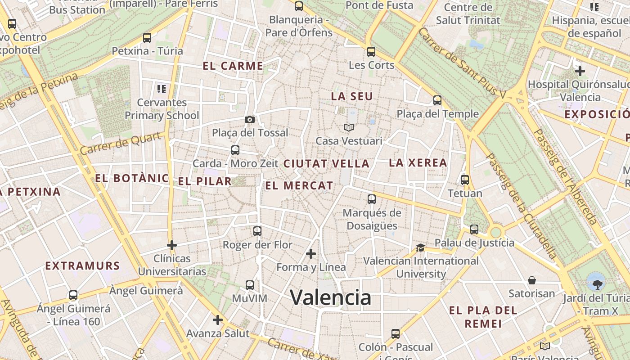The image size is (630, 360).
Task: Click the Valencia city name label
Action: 330,297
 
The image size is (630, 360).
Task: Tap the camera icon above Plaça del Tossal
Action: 250,119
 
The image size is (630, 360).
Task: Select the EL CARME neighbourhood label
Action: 233,66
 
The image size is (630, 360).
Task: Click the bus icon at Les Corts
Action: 371,52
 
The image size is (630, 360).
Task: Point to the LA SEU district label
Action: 352,96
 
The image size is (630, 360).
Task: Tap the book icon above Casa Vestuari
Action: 349,127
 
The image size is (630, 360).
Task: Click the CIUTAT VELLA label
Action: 326,164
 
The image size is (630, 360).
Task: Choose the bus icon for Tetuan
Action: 465,180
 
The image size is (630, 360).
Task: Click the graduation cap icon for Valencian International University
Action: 420,247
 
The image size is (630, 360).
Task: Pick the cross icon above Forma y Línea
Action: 311,254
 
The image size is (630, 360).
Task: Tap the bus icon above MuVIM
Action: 250,285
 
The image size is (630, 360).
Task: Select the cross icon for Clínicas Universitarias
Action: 171,245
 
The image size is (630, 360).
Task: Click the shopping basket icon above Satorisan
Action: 531,280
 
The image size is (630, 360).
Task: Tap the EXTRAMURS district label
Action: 82,266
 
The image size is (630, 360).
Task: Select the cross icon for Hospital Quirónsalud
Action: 580,71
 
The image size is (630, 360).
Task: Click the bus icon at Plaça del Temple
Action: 437,100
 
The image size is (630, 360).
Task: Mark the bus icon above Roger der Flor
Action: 257,231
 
